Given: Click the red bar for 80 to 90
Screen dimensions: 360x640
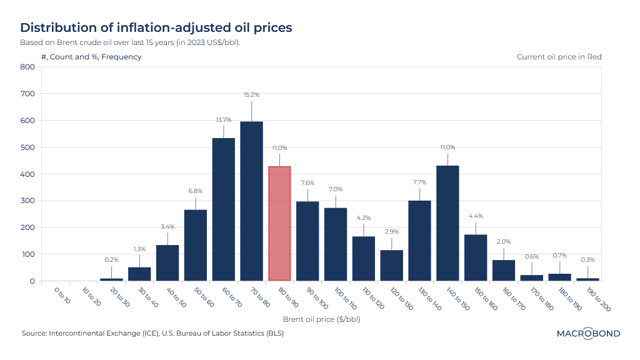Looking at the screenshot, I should [279, 224].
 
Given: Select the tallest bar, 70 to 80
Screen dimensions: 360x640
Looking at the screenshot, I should [251, 201].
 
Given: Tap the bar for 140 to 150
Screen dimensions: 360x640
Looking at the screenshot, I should [447, 223].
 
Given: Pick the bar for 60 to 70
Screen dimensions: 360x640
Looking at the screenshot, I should [223, 209].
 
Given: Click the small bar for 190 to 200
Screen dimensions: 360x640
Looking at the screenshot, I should [587, 279].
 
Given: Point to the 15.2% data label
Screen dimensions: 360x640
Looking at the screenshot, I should [251, 95].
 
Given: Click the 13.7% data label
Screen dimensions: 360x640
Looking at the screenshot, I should [223, 119].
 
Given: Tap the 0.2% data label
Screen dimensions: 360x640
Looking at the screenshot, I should [111, 259].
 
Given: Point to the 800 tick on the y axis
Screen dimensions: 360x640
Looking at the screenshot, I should [27, 67].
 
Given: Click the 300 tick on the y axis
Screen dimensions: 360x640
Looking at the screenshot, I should [27, 201].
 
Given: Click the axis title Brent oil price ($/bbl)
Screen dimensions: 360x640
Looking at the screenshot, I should [321, 319].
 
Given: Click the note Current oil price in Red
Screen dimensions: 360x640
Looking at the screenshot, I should [559, 57].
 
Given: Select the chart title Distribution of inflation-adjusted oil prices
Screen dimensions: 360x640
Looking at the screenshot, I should [156, 27].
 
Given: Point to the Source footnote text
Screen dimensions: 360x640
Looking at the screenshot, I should [152, 333].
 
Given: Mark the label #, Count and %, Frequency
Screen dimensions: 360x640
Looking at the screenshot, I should [91, 57].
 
